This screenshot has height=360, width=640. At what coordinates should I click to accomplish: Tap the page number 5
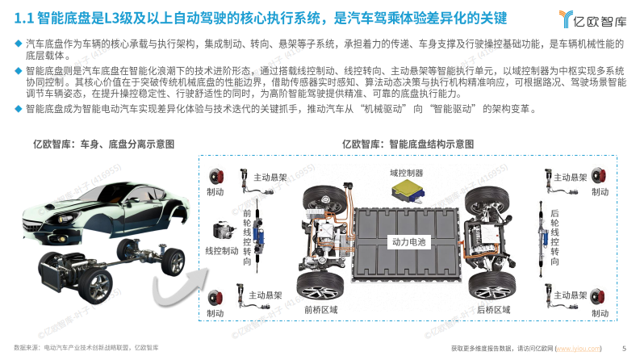[624, 348]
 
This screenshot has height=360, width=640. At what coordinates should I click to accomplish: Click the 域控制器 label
[406, 172]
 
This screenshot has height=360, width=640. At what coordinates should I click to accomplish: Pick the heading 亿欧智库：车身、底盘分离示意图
[103, 144]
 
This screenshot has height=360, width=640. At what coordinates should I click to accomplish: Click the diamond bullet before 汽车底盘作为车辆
[19, 42]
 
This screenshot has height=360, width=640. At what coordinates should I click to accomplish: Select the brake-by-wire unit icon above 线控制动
[220, 230]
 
